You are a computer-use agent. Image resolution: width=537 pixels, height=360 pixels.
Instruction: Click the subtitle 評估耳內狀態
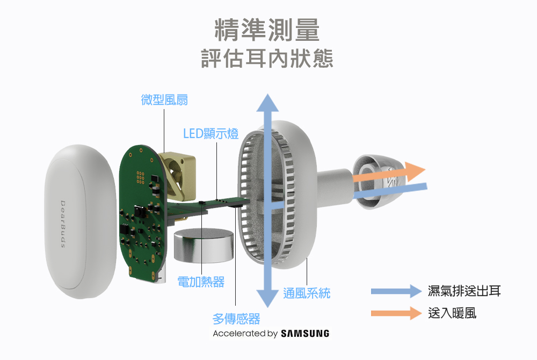click(267, 58)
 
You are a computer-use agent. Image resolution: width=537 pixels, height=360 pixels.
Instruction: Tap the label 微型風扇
click(164, 100)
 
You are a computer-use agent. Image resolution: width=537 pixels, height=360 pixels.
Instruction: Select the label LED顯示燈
click(211, 133)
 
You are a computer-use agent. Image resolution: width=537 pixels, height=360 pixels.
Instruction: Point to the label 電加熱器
click(201, 282)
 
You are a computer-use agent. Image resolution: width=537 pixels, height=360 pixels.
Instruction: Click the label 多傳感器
click(236, 319)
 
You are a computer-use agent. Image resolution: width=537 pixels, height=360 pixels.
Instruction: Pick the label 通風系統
click(307, 293)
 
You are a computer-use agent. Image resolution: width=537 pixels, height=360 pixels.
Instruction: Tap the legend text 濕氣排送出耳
click(465, 291)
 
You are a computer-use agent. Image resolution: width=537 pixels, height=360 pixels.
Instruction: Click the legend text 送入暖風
click(452, 313)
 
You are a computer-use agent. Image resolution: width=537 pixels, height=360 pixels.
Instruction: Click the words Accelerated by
click(245, 334)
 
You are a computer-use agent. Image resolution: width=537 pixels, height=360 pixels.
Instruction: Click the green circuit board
click(141, 215)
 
